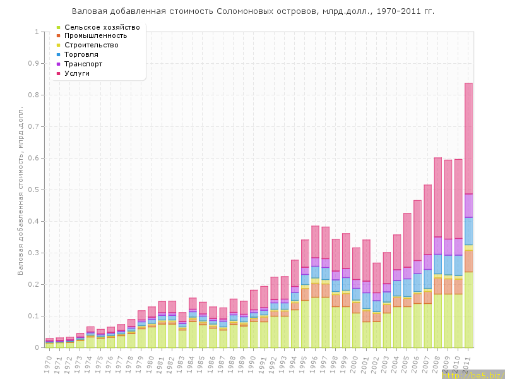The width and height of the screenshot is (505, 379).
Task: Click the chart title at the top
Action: tap(252, 11)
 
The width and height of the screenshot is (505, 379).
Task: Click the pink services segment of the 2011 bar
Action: tap(469, 139)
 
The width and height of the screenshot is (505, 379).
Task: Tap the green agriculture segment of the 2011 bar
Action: tap(469, 310)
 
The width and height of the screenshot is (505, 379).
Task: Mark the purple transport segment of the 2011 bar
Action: tap(469, 205)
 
